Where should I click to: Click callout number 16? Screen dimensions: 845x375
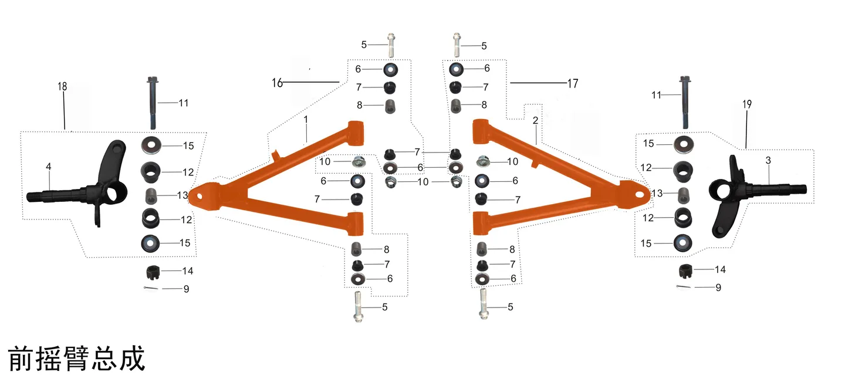coord(277,83)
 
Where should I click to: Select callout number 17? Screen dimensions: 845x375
coord(573,83)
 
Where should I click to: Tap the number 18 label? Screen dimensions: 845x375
coord(62,86)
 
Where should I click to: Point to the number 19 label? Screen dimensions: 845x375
coord(747,104)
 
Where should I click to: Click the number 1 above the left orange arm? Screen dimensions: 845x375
coord(306,120)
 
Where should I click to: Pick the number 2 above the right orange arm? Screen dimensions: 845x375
coord(535,121)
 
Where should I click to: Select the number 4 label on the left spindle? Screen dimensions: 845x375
coord(49,167)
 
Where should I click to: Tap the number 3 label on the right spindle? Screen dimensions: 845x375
coord(769,160)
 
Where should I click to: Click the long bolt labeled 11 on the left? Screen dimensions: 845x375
coord(153,103)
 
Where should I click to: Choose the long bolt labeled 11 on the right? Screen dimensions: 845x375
coord(685,102)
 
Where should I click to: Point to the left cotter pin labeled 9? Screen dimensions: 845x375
coord(151,289)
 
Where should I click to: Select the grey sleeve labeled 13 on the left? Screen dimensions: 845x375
coord(151,196)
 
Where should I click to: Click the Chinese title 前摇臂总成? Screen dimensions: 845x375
coord(76,359)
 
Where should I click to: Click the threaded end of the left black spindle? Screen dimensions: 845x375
coord(36,196)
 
